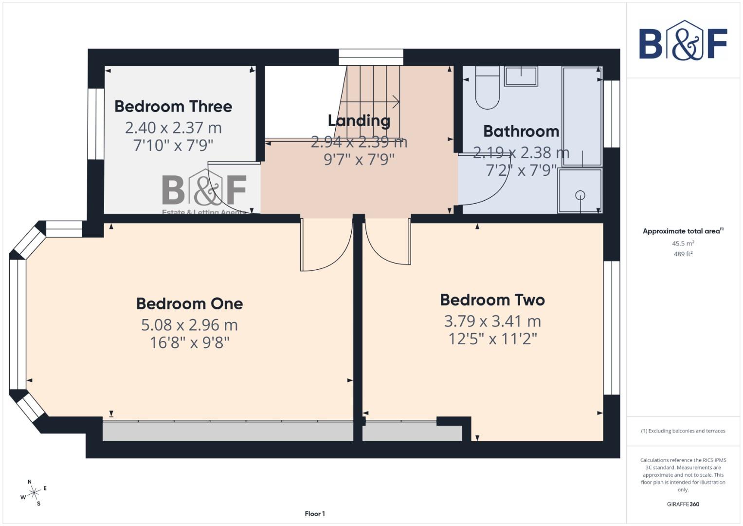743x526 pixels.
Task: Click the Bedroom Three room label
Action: pyautogui.click(x=173, y=107)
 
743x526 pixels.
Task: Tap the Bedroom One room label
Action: pyautogui.click(x=189, y=304)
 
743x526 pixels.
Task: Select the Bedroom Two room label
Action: pyautogui.click(x=492, y=300)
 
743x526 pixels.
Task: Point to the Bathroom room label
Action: pyautogui.click(x=521, y=131)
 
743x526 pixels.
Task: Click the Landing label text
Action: pyautogui.click(x=359, y=121)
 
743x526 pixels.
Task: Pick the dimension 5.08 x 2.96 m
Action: pyautogui.click(x=189, y=325)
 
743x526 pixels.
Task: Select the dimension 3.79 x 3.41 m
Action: pyautogui.click(x=492, y=321)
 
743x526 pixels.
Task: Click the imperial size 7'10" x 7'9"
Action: pyautogui.click(x=173, y=145)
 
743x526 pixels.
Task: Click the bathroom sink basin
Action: pyautogui.click(x=521, y=76)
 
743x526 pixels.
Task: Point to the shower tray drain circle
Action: pyautogui.click(x=580, y=195)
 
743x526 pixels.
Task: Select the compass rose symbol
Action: pyautogui.click(x=33, y=493)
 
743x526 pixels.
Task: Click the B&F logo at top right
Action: pyautogui.click(x=683, y=41)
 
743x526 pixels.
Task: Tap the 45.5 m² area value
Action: pyautogui.click(x=683, y=244)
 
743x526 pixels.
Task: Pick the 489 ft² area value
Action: pyautogui.click(x=683, y=254)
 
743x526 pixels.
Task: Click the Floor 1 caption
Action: pyautogui.click(x=315, y=514)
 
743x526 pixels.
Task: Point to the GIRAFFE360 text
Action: pyautogui.click(x=683, y=504)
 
